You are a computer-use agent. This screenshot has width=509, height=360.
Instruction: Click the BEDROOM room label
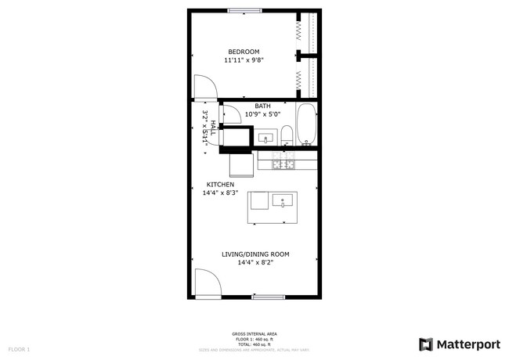(x=244, y=52)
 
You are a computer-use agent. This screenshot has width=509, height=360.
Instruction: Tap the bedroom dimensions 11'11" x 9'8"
(x=244, y=60)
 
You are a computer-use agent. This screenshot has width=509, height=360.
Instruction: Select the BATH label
(x=262, y=106)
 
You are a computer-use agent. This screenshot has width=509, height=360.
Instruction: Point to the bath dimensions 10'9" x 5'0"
(x=262, y=114)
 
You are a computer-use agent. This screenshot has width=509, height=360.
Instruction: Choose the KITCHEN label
(x=219, y=184)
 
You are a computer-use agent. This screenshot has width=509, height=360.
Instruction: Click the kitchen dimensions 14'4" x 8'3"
(x=219, y=193)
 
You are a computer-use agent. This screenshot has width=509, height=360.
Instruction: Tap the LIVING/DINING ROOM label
(x=255, y=254)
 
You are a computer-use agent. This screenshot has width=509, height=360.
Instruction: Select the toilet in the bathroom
(x=287, y=135)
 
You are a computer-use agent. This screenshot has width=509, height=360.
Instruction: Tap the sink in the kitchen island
(x=282, y=201)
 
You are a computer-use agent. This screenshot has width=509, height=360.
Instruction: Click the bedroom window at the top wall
(x=245, y=10)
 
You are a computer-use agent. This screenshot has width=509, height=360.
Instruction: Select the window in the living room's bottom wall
(x=268, y=297)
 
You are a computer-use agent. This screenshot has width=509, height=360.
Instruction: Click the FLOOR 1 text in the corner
(x=19, y=348)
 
